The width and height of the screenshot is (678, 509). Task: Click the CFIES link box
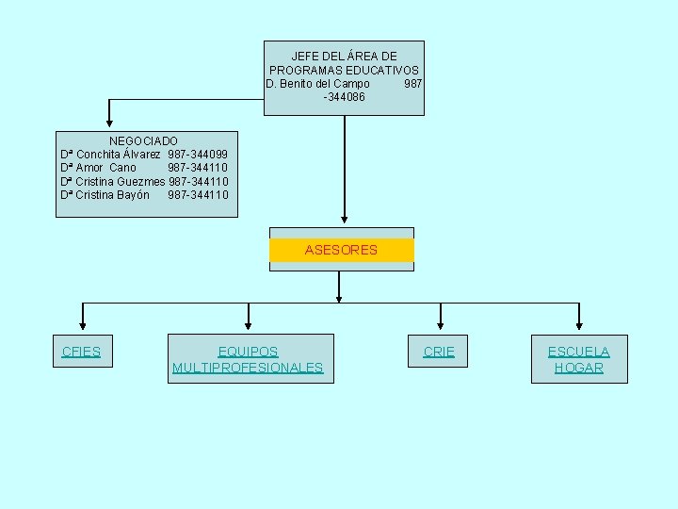coord(81,352)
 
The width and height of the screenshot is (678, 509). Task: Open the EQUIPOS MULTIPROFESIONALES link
coord(248,359)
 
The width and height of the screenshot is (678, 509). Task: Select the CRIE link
coord(439,352)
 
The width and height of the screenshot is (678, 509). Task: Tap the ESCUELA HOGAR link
coord(579,359)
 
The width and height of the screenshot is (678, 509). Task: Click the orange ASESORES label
coord(341,250)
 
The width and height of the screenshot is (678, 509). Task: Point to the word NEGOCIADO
coord(143,140)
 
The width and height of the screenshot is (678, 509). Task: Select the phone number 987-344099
coord(198,154)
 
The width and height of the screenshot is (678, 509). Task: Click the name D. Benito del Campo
coord(318,84)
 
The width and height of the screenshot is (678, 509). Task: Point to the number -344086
coord(344,97)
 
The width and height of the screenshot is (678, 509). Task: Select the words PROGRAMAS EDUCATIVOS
coord(344,71)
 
